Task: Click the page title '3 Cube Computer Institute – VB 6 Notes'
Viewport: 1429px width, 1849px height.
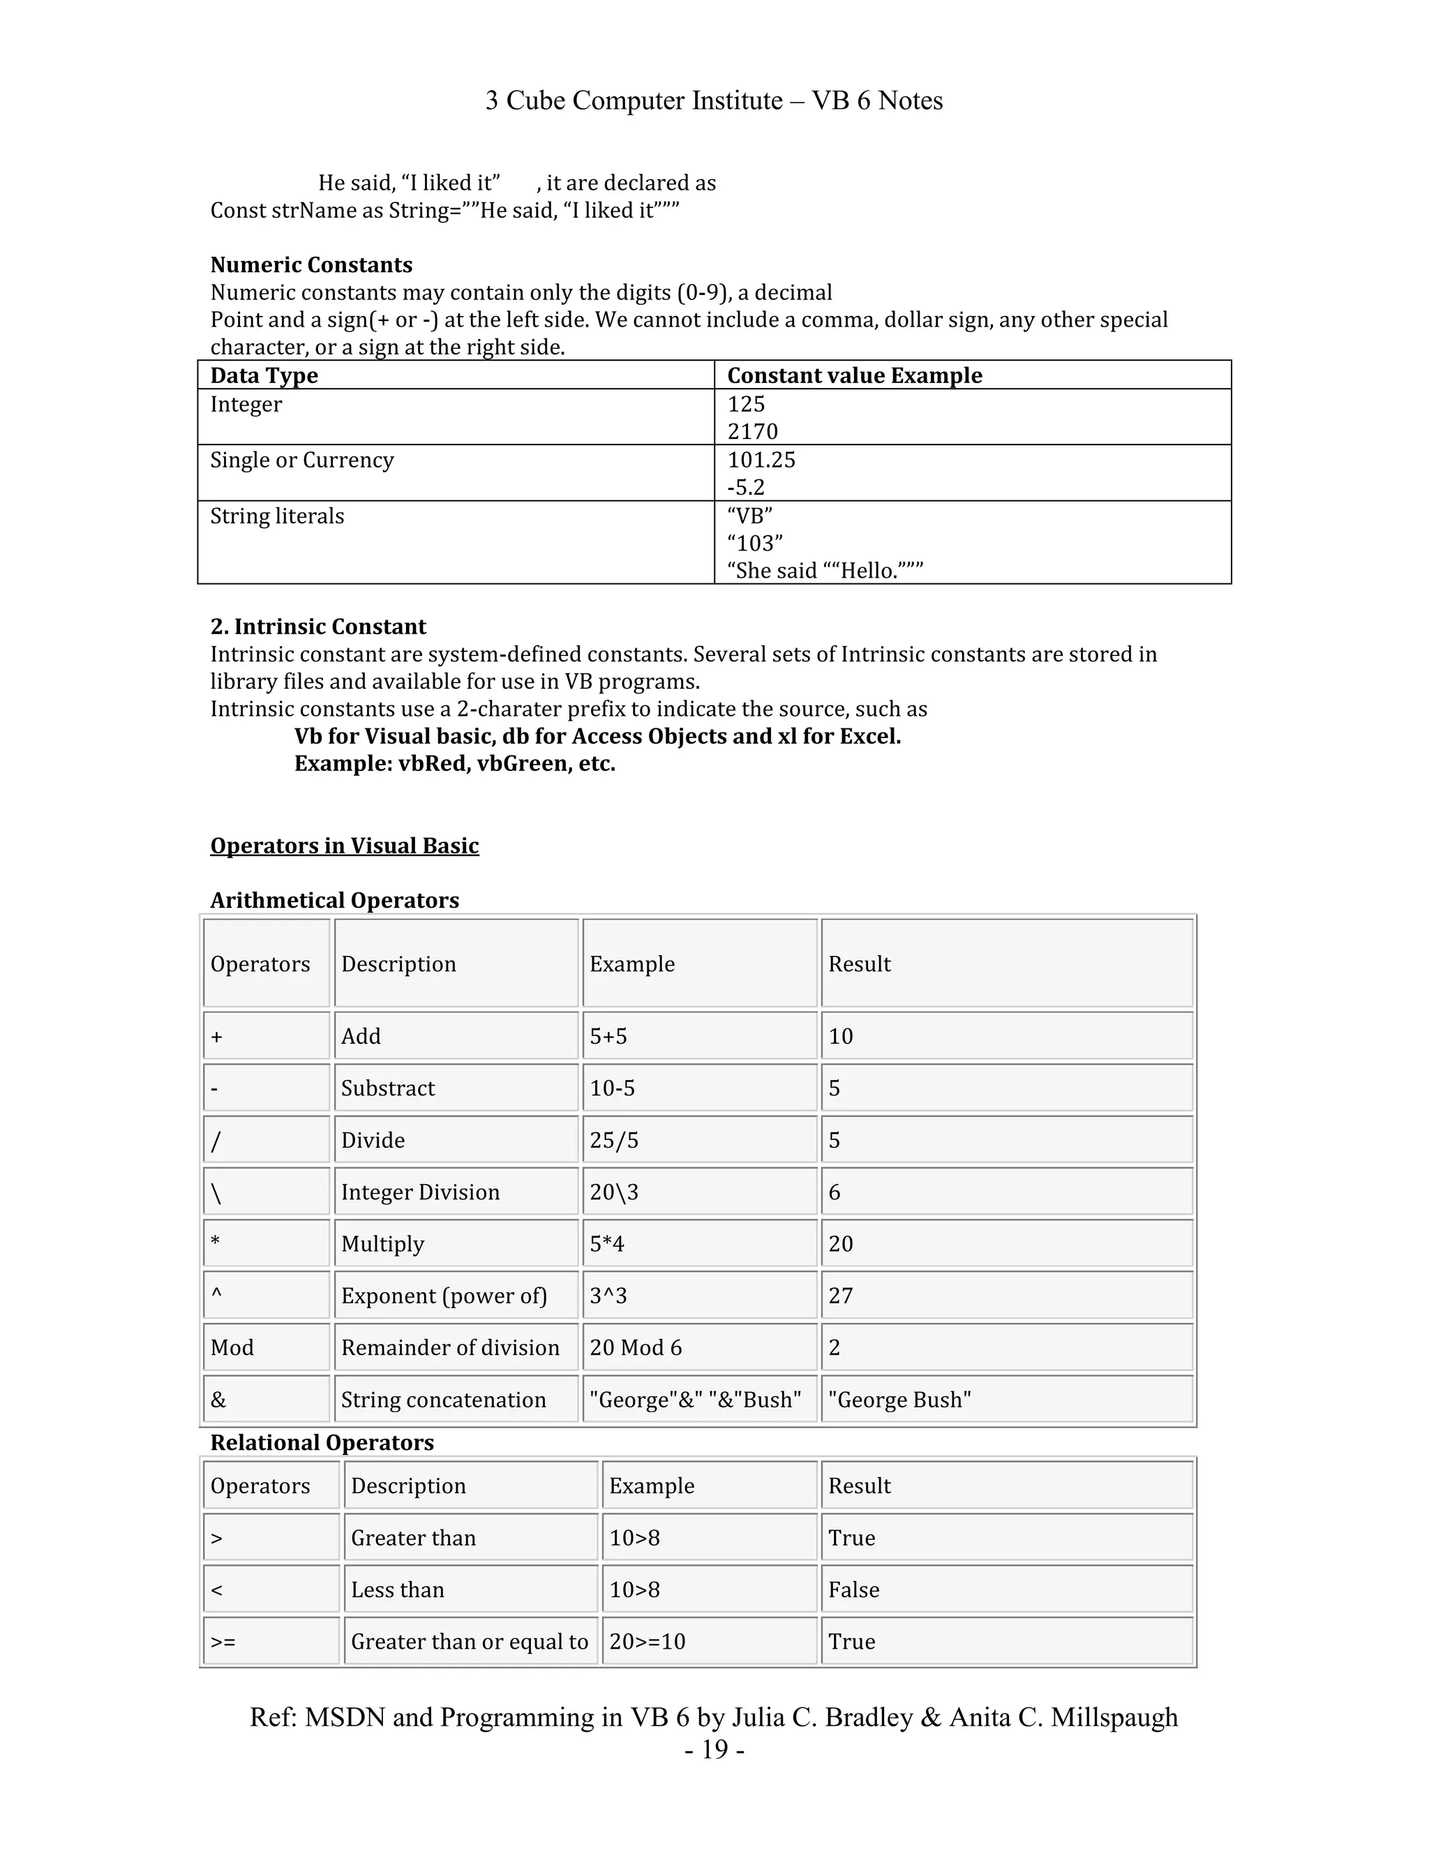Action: (x=714, y=100)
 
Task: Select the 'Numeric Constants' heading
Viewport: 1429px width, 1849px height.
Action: (x=311, y=265)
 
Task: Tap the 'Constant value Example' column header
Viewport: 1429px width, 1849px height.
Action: (x=854, y=375)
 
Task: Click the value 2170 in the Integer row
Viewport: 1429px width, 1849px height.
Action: (x=751, y=432)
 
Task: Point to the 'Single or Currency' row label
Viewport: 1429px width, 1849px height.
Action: (x=301, y=460)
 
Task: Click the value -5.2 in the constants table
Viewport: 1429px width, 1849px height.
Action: (x=746, y=488)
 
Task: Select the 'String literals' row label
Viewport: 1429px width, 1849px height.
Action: (x=277, y=516)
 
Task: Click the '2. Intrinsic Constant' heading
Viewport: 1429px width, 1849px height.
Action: (x=317, y=627)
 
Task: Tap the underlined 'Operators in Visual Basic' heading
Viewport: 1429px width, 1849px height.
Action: (x=344, y=846)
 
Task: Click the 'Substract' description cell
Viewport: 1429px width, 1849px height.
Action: (x=388, y=1088)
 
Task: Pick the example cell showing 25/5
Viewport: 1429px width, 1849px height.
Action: (x=614, y=1140)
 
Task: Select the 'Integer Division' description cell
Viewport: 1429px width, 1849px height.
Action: (x=420, y=1192)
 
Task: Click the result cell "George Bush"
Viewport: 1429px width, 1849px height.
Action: (x=899, y=1400)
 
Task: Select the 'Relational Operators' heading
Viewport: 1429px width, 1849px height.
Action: (x=322, y=1443)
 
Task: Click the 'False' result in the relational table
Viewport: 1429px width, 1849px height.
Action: (x=853, y=1590)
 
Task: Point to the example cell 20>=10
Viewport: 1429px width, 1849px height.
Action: (x=647, y=1642)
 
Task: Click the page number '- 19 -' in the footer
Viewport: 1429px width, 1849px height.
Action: (x=714, y=1749)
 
